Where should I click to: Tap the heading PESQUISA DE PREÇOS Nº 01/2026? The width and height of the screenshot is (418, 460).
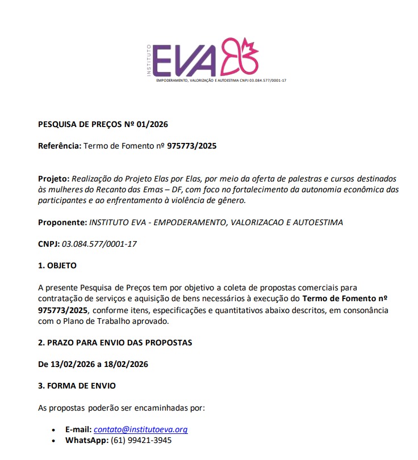pyautogui.click(x=103, y=124)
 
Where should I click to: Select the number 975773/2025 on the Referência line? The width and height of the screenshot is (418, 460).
pyautogui.click(x=191, y=146)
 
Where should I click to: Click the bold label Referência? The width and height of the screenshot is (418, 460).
pyautogui.click(x=60, y=146)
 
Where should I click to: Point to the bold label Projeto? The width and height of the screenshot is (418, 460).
pyautogui.click(x=53, y=179)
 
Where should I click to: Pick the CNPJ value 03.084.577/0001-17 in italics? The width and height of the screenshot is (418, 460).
pyautogui.click(x=99, y=244)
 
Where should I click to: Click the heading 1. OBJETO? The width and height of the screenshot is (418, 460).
pyautogui.click(x=57, y=265)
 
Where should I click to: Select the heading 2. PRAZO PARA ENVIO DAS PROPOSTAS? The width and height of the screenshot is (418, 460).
pyautogui.click(x=115, y=343)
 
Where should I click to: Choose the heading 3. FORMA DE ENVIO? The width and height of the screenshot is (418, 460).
pyautogui.click(x=77, y=386)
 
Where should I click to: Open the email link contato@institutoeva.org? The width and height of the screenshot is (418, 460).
pyautogui.click(x=140, y=429)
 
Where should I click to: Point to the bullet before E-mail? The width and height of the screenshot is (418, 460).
pyautogui.click(x=53, y=430)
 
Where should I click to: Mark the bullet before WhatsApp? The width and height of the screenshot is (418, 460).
pyautogui.click(x=53, y=441)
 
